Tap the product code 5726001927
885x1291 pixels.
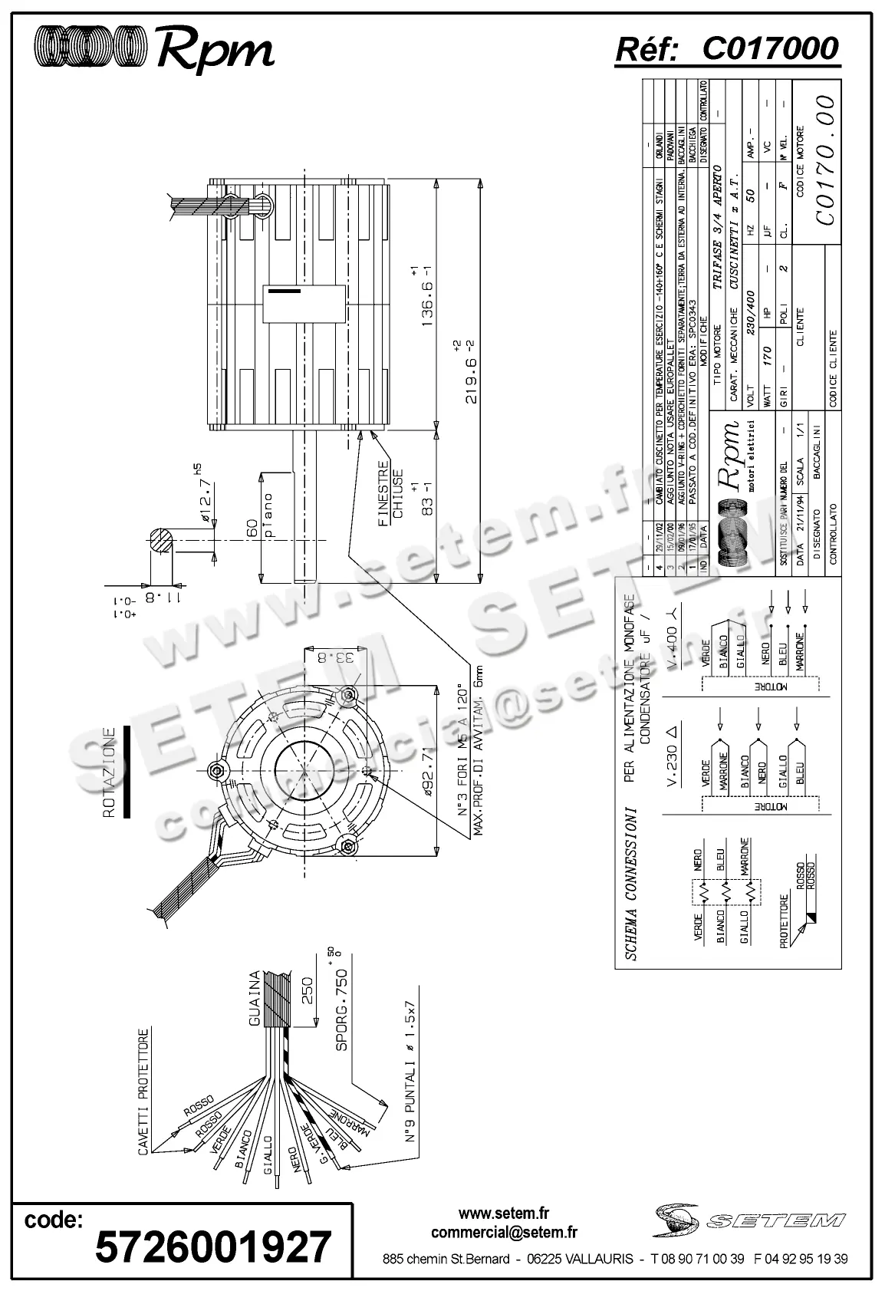213,1246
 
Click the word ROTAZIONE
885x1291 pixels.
109,772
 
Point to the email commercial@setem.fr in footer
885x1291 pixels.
505,1233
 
